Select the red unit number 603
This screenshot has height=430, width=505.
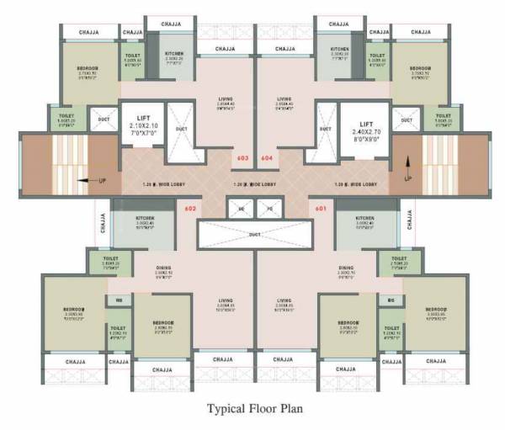coord(242,157)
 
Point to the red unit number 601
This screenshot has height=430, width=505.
coord(320,208)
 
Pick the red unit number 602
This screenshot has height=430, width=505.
coord(190,208)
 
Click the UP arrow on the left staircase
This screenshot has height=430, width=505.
coord(80,179)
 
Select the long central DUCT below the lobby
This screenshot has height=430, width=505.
coord(255,236)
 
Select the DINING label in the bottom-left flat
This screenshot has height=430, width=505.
coord(163,269)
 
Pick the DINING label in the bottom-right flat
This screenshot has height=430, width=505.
coord(346,269)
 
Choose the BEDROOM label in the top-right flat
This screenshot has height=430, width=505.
coord(420,68)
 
